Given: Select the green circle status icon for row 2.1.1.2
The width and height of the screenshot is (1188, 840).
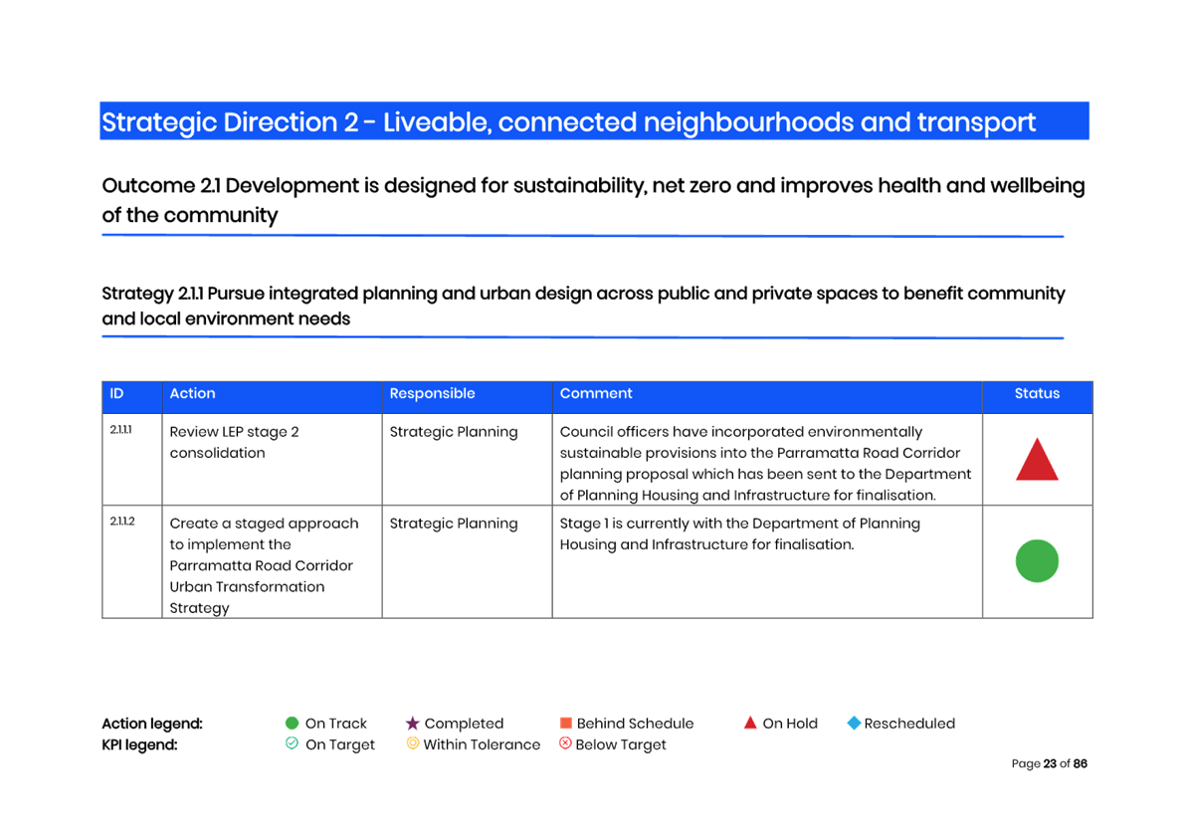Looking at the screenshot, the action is [x=1037, y=561].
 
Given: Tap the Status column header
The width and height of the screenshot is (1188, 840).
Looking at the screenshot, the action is [x=1037, y=393].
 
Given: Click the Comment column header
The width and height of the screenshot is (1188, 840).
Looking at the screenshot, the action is [x=596, y=393].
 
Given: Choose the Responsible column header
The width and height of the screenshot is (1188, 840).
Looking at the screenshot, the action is [x=432, y=393].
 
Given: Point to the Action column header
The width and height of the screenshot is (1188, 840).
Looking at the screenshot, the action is [x=192, y=393].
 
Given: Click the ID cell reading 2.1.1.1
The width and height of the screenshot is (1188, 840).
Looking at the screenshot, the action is [x=120, y=430].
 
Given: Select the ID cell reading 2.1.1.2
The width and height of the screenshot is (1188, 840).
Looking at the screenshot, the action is [x=122, y=522].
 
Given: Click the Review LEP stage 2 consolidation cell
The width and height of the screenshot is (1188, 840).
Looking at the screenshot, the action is [x=234, y=442].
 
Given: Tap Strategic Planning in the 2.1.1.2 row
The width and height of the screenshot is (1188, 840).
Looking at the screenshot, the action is [x=453, y=524].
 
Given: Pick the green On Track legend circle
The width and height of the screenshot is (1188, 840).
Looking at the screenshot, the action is [x=292, y=724].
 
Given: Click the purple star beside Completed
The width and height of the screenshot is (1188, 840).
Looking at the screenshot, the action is [x=412, y=724].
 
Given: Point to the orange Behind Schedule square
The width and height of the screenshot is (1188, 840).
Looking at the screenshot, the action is [x=565, y=724].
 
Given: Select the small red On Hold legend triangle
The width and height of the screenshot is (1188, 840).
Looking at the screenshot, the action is [x=750, y=724].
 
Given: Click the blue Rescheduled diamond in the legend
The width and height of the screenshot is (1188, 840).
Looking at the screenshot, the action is [x=854, y=724].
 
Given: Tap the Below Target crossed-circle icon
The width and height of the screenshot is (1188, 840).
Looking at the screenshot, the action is [x=565, y=743].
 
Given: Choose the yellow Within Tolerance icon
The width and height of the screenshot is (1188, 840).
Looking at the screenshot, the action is [x=412, y=743].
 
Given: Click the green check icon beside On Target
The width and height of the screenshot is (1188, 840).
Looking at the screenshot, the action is [x=292, y=743].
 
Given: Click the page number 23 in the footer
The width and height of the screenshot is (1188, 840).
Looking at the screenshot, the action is [x=1050, y=764].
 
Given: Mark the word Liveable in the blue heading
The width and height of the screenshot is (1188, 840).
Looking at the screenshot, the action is [x=437, y=122].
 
